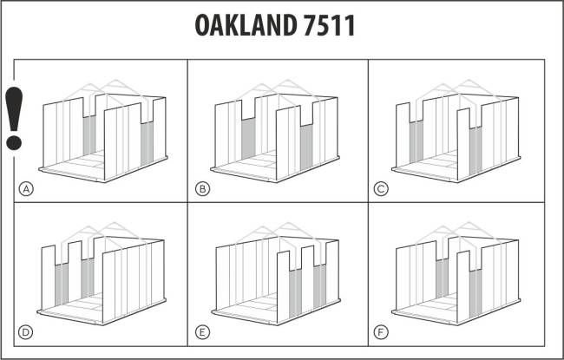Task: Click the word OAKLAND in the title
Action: tap(246, 25)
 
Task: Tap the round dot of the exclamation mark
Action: tap(14, 143)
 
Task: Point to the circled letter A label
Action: tap(26, 189)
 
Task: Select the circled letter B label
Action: tap(202, 189)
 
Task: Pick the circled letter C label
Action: tap(381, 189)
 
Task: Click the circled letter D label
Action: tap(25, 332)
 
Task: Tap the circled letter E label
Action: tap(202, 332)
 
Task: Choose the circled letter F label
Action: tap(381, 332)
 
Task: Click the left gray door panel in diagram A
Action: tap(89, 135)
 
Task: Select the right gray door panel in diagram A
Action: tap(147, 143)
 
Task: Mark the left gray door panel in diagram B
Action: tap(248, 138)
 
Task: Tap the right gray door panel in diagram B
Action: tap(306, 146)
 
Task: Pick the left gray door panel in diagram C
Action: tap(416, 141)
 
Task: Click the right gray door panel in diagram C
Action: tap(475, 150)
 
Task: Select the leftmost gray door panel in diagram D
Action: tap(62, 285)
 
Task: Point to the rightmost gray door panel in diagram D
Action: tap(88, 278)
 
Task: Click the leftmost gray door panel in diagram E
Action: tap(295, 293)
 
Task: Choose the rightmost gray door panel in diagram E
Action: tap(320, 286)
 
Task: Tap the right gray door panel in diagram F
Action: tap(475, 293)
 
